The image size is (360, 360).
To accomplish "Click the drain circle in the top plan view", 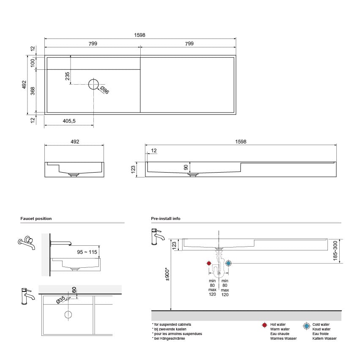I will tap(93, 84).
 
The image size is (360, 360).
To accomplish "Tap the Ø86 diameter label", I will tap(104, 90).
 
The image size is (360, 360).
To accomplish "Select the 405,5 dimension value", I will tap(69, 121).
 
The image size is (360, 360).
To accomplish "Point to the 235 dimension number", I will tap(67, 77).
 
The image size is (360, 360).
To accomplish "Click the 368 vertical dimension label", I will tap(33, 91).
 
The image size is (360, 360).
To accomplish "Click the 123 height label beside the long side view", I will tap(133, 169).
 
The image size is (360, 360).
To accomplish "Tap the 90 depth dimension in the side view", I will tap(186, 167).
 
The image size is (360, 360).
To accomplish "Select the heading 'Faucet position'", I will tap(36, 219).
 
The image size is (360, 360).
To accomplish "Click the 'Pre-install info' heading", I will tap(166, 219).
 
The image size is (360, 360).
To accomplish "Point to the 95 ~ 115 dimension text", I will tap(87, 252).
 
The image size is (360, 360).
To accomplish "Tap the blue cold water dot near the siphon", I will tap(229, 263).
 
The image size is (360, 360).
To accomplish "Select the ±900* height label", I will tap(167, 274).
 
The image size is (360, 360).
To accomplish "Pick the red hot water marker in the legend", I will tap(264, 326).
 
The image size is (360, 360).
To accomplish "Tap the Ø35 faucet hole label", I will tap(61, 300).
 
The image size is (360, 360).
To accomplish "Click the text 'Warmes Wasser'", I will tap(283, 338).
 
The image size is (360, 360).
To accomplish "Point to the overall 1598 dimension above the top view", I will tap(140, 35).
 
